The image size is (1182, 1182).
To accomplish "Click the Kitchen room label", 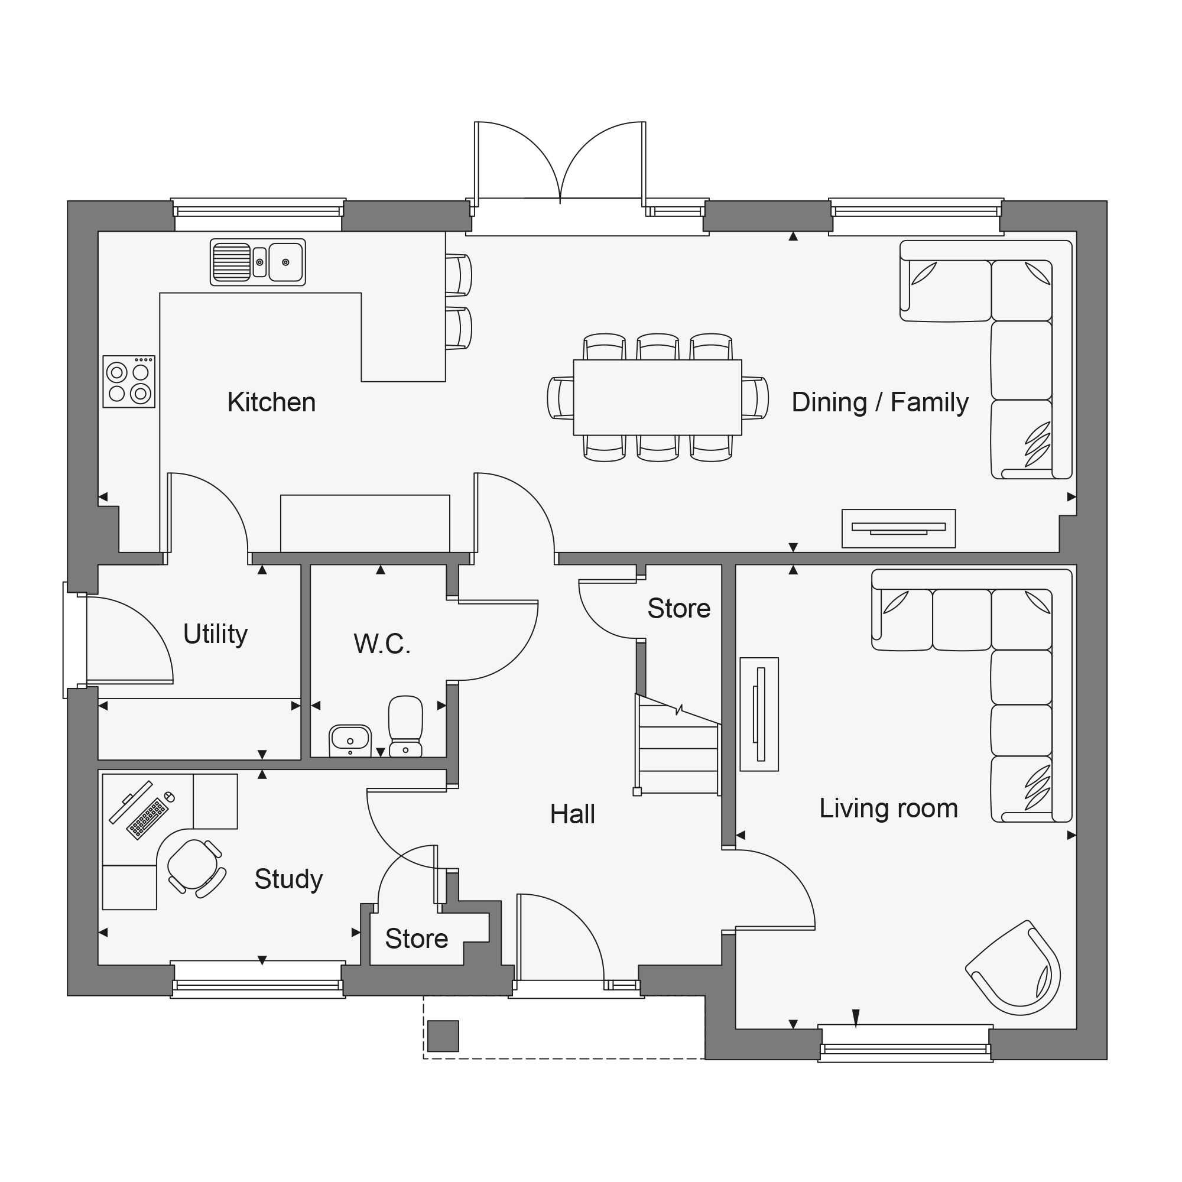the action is point(272,402).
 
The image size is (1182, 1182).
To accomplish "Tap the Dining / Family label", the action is point(880,402).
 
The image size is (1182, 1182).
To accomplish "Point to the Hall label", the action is point(572,814).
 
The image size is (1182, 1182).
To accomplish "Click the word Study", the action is point(288,880).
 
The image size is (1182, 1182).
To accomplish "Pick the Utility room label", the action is point(215,634).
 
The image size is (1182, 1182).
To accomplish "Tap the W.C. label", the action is point(382,644).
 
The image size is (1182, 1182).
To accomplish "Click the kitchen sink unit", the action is point(258,262).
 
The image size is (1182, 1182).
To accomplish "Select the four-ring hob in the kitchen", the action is point(128,382).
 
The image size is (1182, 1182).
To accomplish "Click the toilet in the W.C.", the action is point(405,726).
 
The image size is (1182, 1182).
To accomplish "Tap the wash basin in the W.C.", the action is point(350,741).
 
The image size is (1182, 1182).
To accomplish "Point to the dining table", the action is point(657,398).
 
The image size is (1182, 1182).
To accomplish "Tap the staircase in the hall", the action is point(678,745).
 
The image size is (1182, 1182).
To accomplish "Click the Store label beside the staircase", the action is point(678,609).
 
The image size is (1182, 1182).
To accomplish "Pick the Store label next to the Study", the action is point(417,939).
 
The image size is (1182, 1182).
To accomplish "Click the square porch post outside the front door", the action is point(443,1036).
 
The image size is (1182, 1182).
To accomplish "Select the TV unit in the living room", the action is point(759,715).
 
